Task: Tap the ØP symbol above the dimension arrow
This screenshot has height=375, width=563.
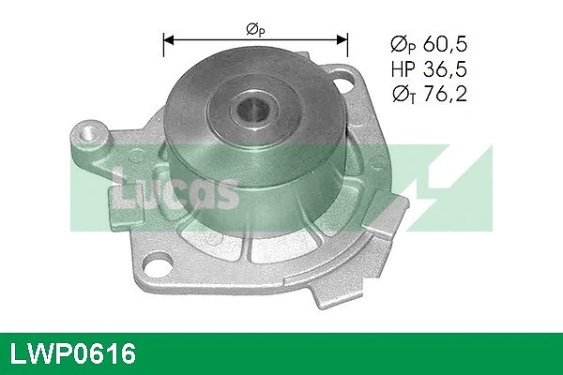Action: coord(254,29)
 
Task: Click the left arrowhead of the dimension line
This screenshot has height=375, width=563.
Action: coord(170,40)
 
